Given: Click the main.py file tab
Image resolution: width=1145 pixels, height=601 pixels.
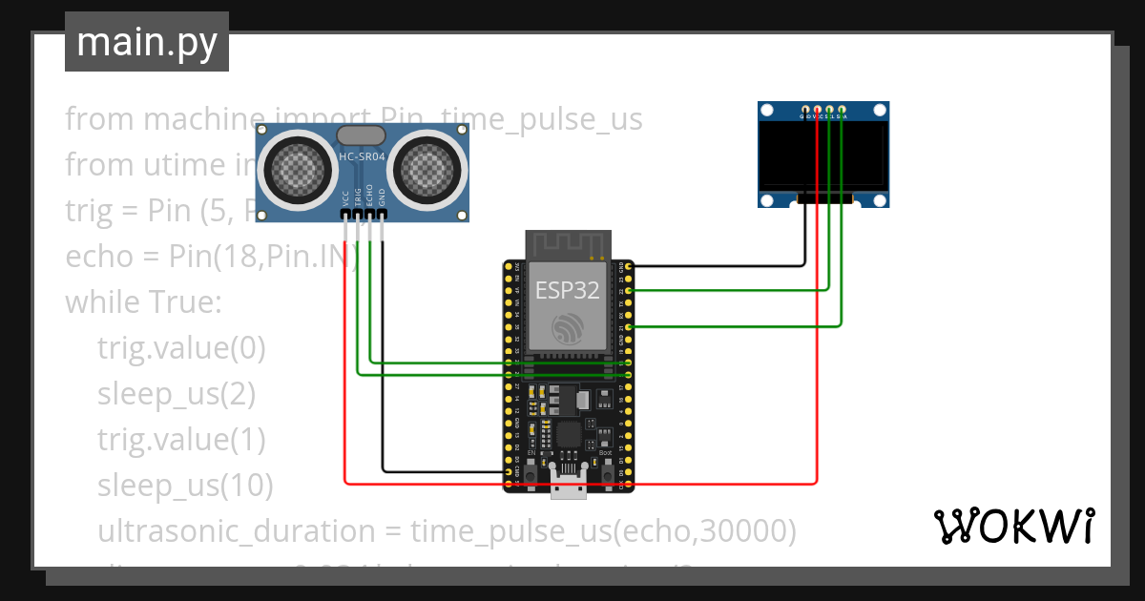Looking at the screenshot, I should click(x=146, y=42).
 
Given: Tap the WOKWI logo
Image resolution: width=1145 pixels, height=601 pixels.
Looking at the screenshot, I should click(x=1012, y=526).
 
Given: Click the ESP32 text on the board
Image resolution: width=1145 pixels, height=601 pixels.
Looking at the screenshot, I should click(x=567, y=290).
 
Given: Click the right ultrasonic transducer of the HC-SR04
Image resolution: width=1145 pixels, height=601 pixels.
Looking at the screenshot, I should click(x=427, y=169).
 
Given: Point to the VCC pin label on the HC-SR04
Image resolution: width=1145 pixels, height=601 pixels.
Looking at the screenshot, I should click(x=345, y=197).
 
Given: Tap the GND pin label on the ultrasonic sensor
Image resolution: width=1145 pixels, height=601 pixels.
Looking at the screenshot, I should click(x=382, y=197).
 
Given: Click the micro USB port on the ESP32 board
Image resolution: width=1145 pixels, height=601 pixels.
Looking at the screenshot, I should click(x=570, y=486).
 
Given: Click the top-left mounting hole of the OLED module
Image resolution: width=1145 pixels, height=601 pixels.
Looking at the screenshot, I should click(x=767, y=111).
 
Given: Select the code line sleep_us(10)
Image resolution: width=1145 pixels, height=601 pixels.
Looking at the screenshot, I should click(x=185, y=486).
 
